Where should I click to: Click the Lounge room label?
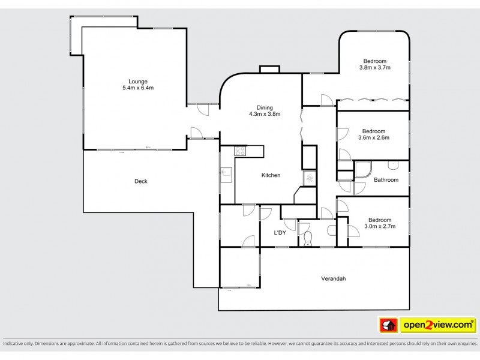point(137,82)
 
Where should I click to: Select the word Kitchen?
point(271,175)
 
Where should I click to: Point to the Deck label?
point(141,181)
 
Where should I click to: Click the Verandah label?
point(333,278)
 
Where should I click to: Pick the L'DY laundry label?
point(280,233)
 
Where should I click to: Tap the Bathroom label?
point(386,179)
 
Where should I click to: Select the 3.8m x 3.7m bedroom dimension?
point(374,68)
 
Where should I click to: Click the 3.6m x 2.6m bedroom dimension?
point(374,137)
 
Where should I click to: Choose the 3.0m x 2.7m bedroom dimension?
point(379,226)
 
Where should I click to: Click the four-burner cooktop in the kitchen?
point(240,151)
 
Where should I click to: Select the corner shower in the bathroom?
point(364,172)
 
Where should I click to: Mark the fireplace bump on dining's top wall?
point(269,70)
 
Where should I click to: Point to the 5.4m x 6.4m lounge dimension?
point(137,88)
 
